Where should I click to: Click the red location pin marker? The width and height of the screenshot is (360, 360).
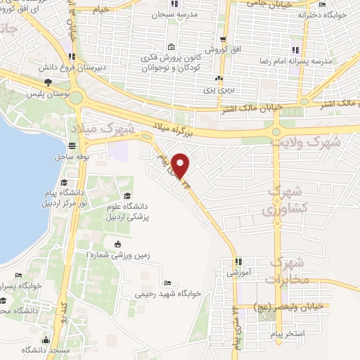(181, 165)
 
